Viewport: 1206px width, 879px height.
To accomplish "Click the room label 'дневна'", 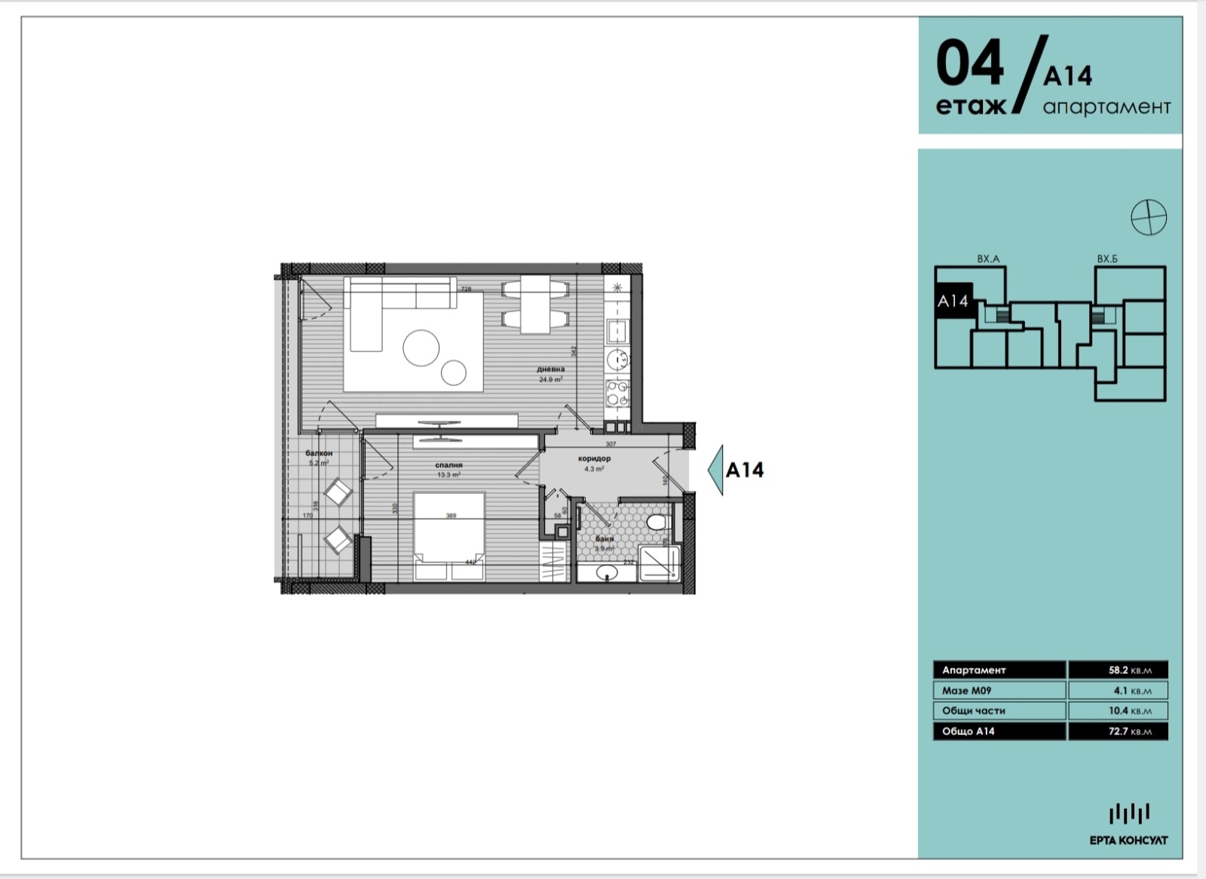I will click(x=551, y=369).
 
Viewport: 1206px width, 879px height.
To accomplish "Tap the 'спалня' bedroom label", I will click(x=448, y=465).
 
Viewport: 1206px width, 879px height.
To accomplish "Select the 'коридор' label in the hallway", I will click(x=594, y=458).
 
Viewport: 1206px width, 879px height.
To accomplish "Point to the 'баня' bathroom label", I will click(x=604, y=539).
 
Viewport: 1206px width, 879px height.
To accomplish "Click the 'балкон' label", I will click(x=319, y=453).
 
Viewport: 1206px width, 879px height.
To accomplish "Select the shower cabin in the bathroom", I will click(x=660, y=565).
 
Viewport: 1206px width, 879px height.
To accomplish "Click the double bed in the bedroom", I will click(x=449, y=536).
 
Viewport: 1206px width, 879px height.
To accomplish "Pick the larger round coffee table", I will click(x=421, y=348).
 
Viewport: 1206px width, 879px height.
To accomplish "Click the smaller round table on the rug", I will click(x=455, y=372).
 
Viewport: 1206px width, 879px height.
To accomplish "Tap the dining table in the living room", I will click(x=535, y=304).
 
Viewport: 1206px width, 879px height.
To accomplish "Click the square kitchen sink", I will click(x=618, y=330).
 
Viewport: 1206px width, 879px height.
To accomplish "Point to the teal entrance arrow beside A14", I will click(x=715, y=470).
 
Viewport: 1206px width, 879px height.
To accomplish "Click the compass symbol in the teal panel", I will click(x=1149, y=217).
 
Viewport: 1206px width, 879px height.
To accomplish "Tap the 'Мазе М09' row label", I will click(x=966, y=691).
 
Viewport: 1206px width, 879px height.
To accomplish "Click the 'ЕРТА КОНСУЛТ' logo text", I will click(x=1128, y=841).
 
